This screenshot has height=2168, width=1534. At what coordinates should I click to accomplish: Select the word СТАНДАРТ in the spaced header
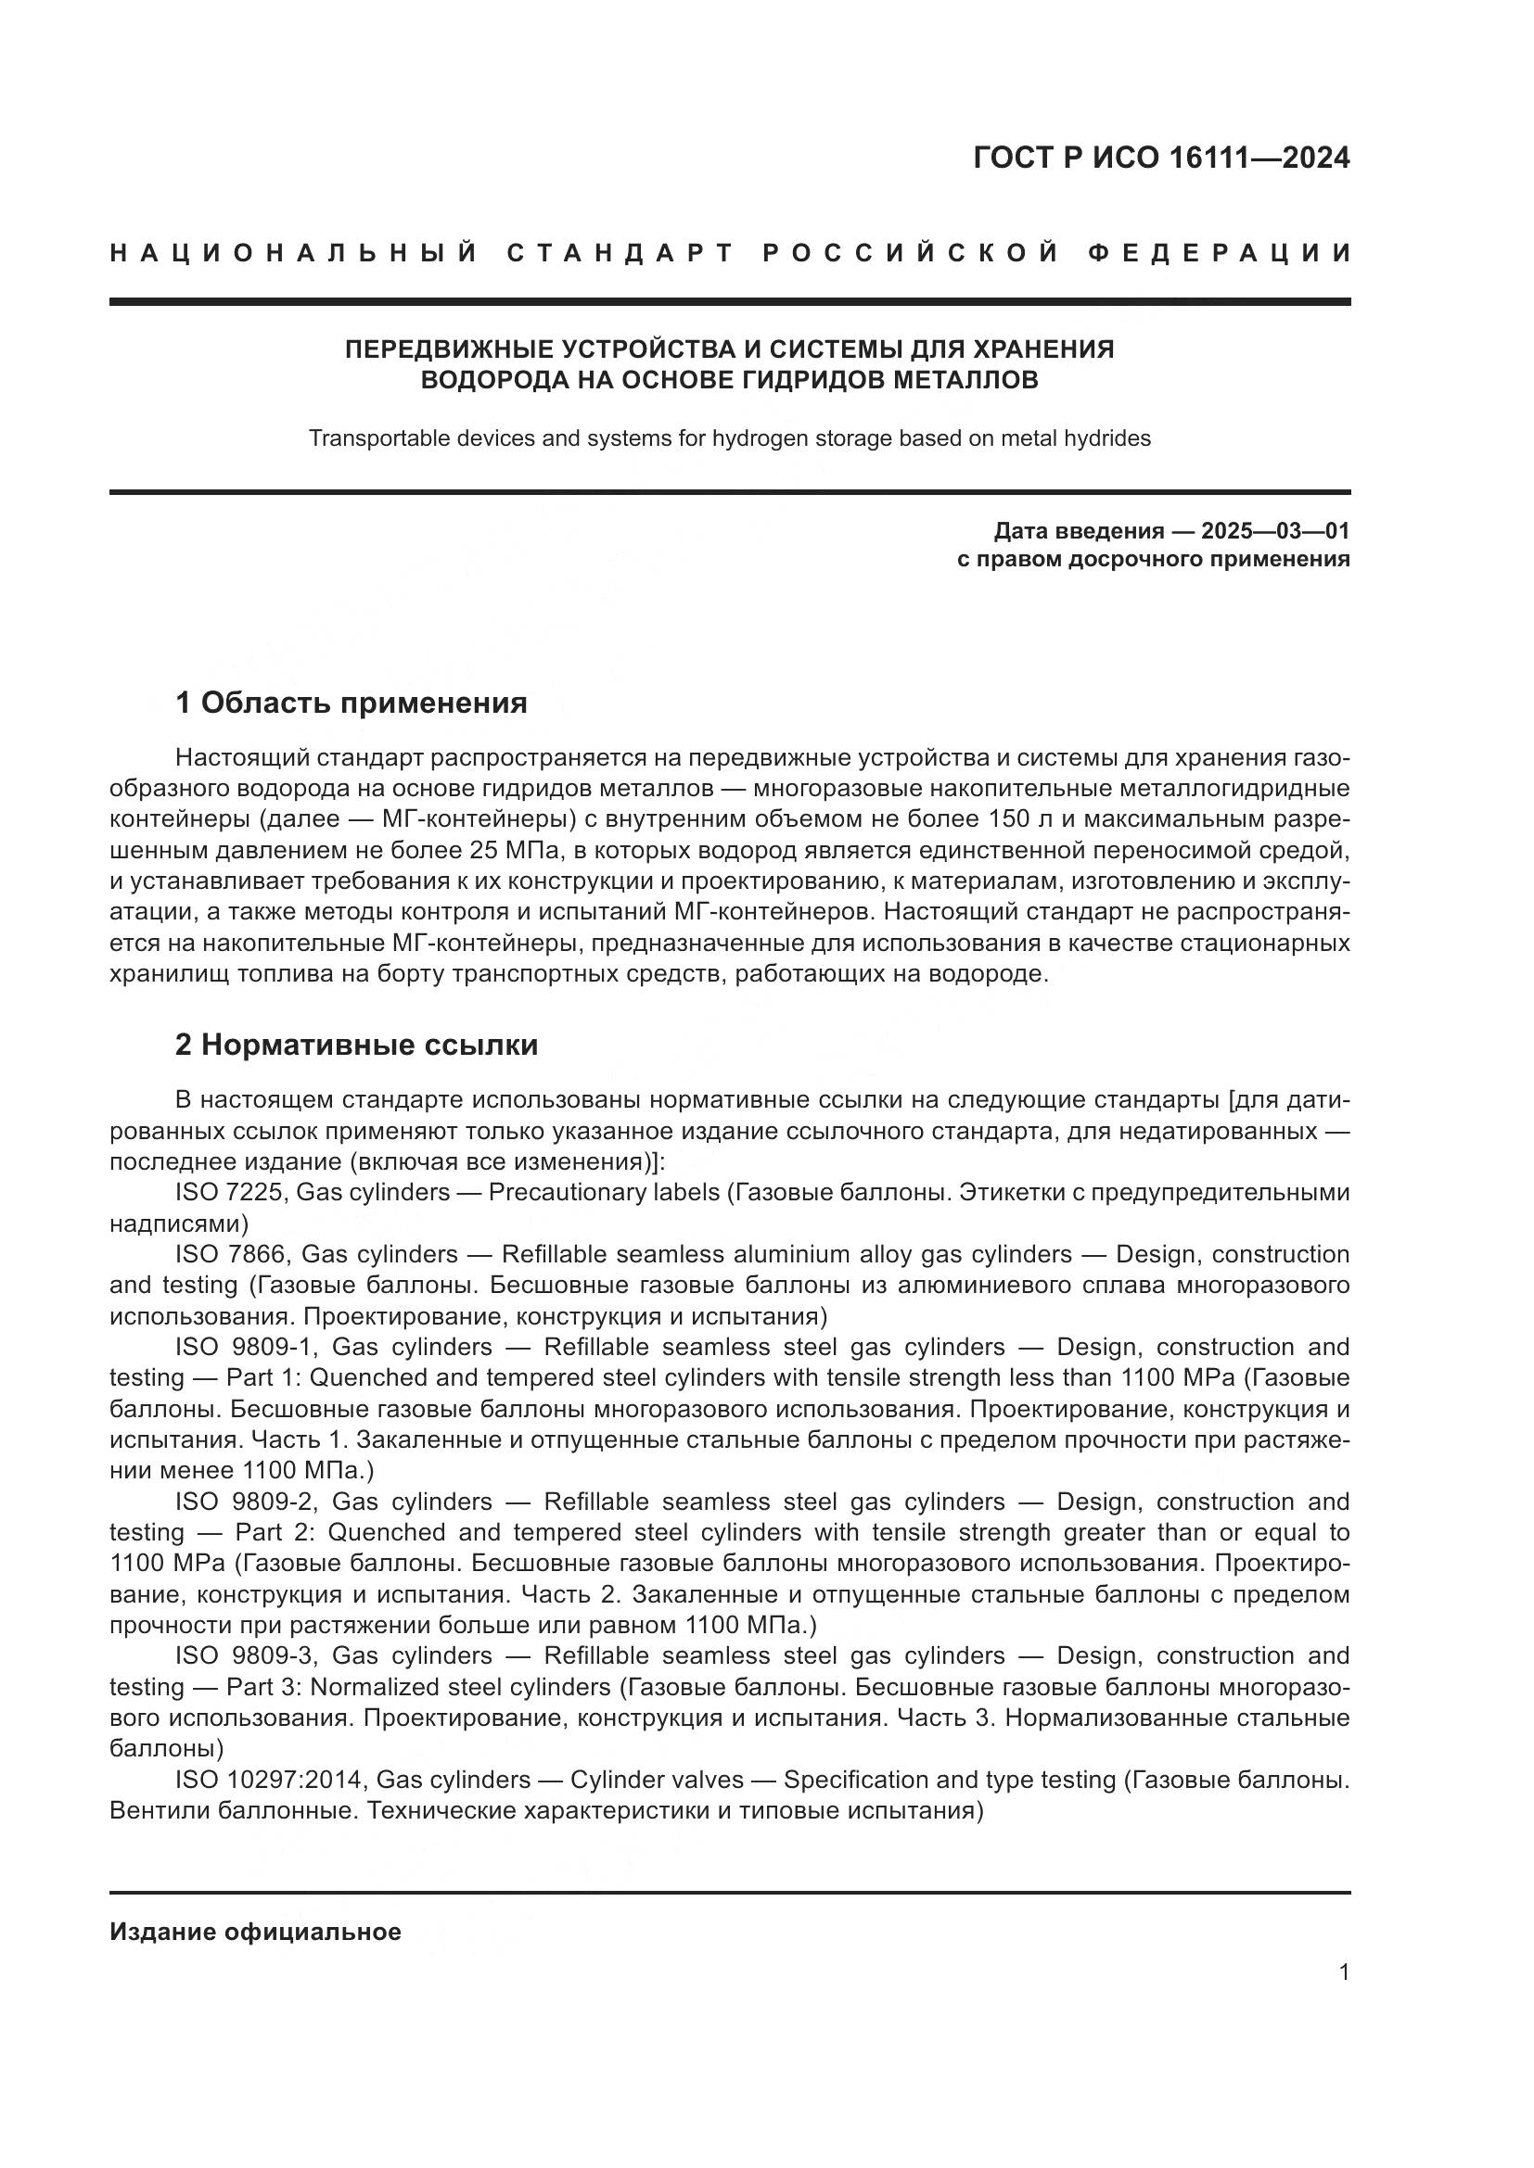click(x=620, y=253)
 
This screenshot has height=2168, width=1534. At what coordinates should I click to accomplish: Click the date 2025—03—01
click(x=1275, y=531)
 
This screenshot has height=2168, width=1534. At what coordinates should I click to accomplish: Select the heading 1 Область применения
click(x=351, y=703)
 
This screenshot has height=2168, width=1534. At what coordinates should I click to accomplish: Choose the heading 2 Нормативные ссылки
click(x=356, y=1045)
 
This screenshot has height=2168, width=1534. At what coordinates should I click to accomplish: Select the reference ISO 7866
click(x=232, y=1254)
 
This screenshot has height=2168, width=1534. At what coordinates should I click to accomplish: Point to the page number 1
click(x=1343, y=1972)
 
